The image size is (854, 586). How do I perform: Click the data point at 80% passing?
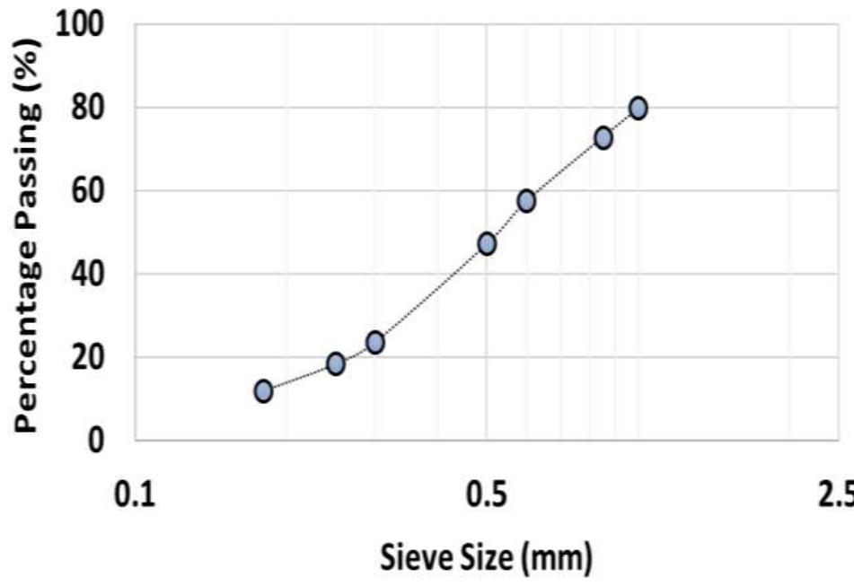tap(638, 108)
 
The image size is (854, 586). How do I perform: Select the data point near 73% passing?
tap(603, 137)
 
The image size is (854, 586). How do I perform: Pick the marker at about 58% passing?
tap(526, 200)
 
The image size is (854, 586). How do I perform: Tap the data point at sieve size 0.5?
tap(487, 243)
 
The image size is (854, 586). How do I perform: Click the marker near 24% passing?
tap(375, 342)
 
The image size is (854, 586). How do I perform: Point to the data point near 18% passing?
tap(336, 363)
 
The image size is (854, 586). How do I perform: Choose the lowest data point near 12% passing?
tap(263, 390)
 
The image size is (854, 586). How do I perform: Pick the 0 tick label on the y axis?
tap(101, 441)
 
